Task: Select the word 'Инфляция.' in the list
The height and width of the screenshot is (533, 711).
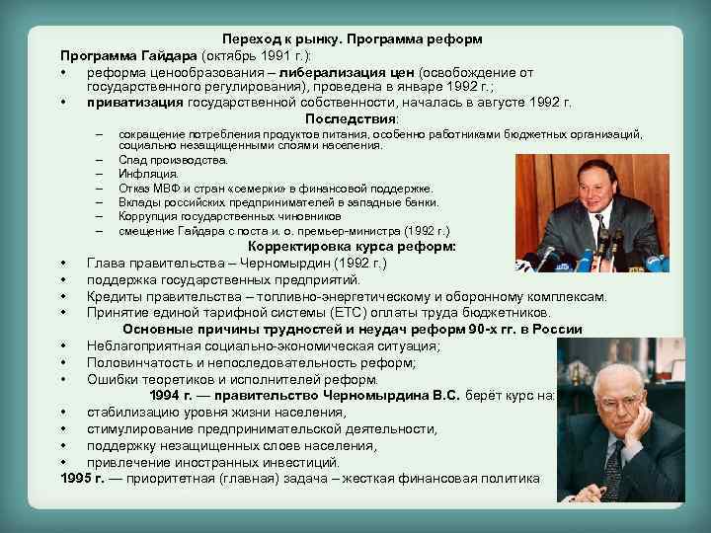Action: (x=148, y=174)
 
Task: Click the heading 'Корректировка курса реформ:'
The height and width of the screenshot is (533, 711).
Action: (x=352, y=247)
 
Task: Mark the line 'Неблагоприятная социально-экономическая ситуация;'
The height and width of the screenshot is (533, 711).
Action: (x=264, y=345)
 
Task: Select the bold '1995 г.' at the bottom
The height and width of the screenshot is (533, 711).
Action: (x=81, y=479)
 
